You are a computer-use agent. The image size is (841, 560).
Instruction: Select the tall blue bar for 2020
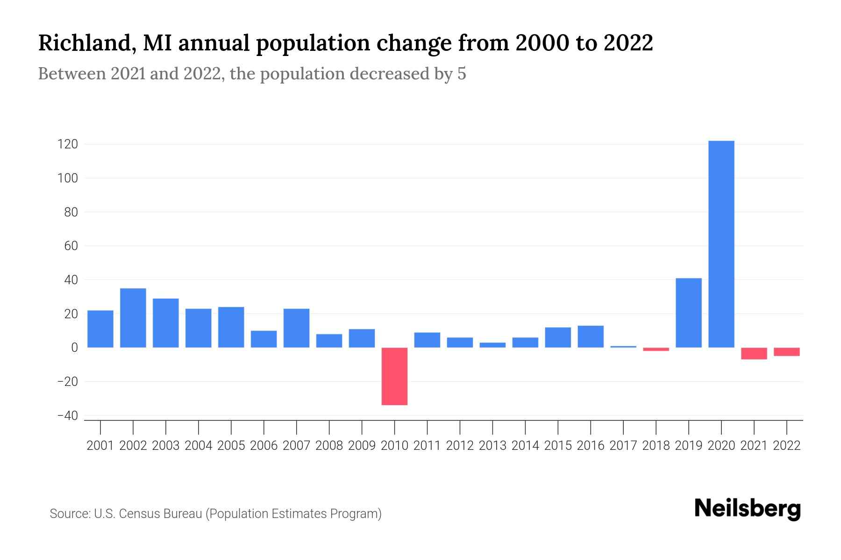tap(721, 244)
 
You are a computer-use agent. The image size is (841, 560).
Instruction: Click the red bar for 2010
tap(394, 376)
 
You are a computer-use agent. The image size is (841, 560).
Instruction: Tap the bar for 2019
tap(688, 313)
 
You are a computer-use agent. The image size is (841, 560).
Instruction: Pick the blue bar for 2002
tap(133, 318)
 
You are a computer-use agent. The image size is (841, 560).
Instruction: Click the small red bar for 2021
tap(754, 353)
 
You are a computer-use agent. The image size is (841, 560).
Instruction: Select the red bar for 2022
tap(786, 352)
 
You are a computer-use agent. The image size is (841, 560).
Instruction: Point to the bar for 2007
tap(296, 328)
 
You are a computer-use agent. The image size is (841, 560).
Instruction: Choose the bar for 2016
tap(591, 336)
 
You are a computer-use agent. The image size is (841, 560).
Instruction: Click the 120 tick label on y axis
tap(67, 144)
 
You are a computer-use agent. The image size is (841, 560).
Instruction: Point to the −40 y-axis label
tap(67, 415)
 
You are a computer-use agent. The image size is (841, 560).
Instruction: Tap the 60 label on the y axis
tap(71, 246)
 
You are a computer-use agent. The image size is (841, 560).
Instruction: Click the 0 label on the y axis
tap(74, 348)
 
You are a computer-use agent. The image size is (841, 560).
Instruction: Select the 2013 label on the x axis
tap(492, 446)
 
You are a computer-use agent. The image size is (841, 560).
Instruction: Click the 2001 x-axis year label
tap(100, 446)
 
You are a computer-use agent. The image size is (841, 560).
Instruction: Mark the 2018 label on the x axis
tap(656, 446)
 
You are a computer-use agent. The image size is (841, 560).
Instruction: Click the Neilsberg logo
tap(748, 509)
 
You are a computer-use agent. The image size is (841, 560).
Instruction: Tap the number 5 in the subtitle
tap(462, 74)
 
